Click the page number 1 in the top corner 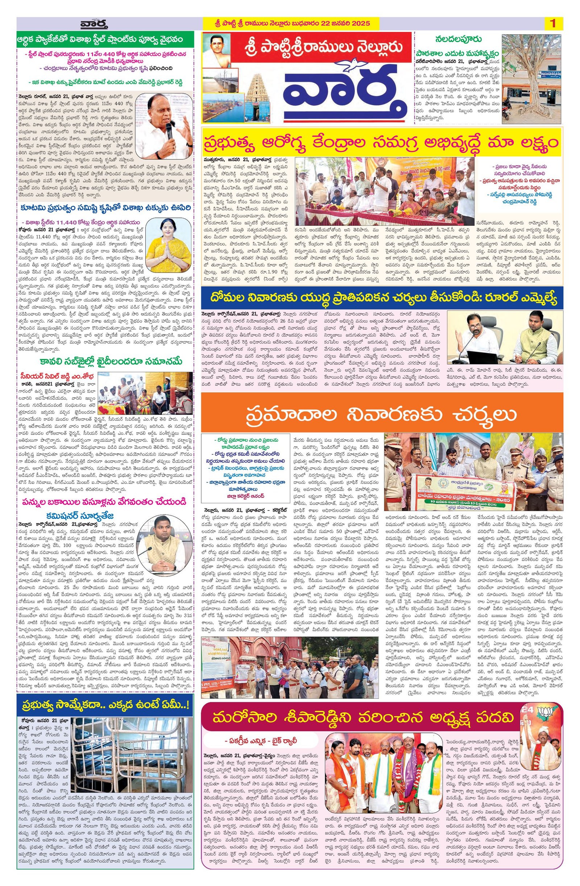[x=553, y=24]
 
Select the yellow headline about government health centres [x=382, y=142]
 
